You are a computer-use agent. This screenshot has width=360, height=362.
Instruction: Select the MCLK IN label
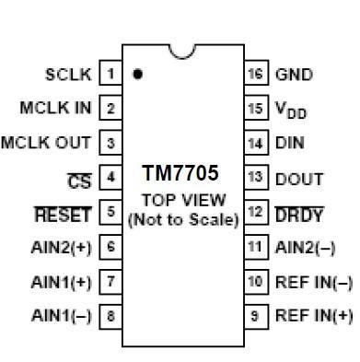click(x=56, y=108)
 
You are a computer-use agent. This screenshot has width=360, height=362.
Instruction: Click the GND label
click(x=294, y=74)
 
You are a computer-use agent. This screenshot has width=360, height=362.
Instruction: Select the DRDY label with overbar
click(x=299, y=215)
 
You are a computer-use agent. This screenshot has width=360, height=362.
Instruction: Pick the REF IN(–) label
click(x=313, y=282)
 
